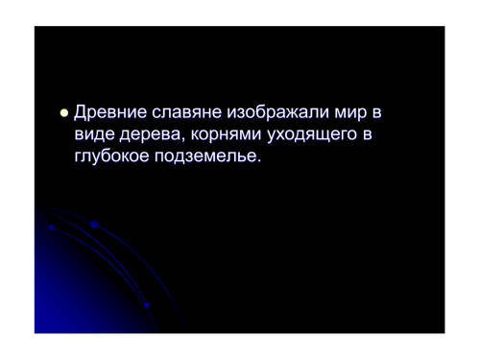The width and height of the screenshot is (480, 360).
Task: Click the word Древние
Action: point(110,112)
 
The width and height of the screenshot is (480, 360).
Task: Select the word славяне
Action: point(187,112)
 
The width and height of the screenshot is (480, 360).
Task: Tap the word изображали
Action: point(277,112)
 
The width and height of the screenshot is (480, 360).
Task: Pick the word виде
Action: point(94,134)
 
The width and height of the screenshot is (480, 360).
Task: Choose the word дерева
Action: point(150,135)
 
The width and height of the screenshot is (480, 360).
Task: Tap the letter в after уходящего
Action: point(368,135)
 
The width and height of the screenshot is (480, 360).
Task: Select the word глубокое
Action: point(111,156)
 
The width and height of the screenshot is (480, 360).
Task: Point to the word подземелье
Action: point(205,157)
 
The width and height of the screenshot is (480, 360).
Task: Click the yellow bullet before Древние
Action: point(64,113)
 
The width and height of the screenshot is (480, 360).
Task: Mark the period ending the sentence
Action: point(259,161)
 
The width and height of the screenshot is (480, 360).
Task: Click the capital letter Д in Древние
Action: point(80,113)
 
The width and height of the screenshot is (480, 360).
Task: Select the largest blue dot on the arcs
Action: point(95,225)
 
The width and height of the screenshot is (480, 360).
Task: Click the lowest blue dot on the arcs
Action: point(147,305)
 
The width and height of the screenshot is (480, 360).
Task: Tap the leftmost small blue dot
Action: point(52,228)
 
